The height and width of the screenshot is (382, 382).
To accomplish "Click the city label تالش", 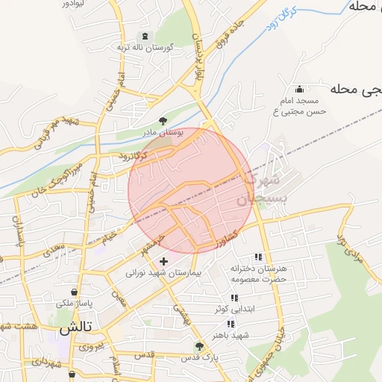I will point(75,328).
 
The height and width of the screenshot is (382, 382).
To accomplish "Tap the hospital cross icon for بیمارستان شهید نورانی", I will point(164,261).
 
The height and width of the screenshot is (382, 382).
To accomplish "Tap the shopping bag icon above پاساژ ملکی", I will point(74,292).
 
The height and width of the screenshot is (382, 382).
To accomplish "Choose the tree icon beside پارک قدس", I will point(198,346).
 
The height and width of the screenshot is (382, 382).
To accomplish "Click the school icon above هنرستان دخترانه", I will point(258,257).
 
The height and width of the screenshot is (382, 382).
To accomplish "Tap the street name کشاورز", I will point(222,240).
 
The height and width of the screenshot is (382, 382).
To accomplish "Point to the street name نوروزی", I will point(97,346).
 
